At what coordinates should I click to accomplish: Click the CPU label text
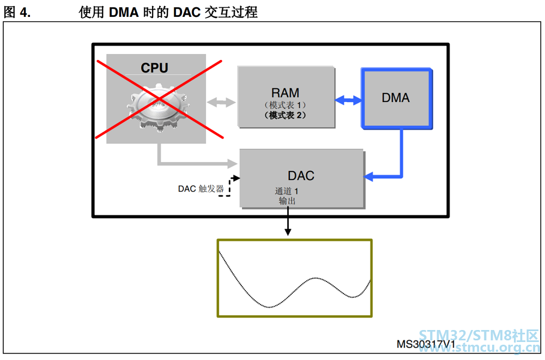154,68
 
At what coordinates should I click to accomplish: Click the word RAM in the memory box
285,93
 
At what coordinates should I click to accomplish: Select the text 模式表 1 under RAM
285,105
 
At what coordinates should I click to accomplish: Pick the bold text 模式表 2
285,115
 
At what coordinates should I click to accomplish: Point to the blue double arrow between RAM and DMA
348,100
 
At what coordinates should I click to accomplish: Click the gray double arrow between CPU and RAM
221,102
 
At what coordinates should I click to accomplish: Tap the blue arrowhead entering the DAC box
368,176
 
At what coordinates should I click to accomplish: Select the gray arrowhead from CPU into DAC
232,163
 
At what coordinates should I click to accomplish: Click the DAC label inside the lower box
301,176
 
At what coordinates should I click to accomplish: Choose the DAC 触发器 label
201,189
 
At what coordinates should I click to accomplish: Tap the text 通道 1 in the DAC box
287,191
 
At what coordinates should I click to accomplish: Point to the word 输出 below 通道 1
287,201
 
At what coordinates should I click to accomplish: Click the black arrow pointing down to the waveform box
287,221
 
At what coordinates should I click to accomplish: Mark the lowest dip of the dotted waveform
269,307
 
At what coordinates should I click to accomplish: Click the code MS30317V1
426,344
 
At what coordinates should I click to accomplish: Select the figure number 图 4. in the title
17,12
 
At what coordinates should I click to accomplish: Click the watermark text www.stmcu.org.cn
480,347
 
